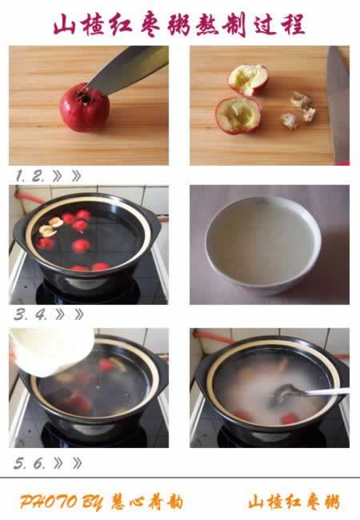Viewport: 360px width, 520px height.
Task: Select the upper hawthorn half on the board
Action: (x=248, y=80)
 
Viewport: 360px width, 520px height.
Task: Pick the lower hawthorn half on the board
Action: (x=238, y=115)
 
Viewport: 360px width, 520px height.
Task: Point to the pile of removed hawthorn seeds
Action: (x=299, y=110)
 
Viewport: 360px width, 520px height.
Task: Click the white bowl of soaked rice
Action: (x=263, y=245)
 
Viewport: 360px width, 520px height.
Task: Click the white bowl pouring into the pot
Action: (x=50, y=350)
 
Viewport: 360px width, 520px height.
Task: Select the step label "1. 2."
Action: (x=30, y=175)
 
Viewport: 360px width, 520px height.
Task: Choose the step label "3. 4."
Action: (x=30, y=314)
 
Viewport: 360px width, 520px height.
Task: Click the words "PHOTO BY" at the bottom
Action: (x=61, y=502)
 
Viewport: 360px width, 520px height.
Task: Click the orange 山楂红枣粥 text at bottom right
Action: (x=294, y=502)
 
